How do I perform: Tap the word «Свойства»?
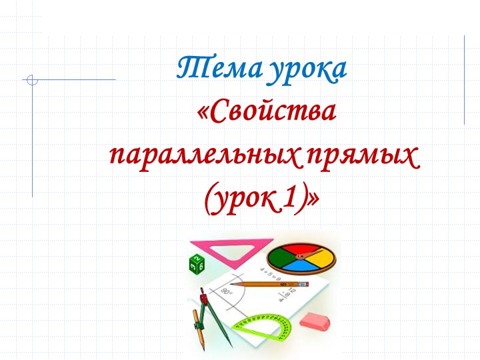pyautogui.click(x=267, y=113)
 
